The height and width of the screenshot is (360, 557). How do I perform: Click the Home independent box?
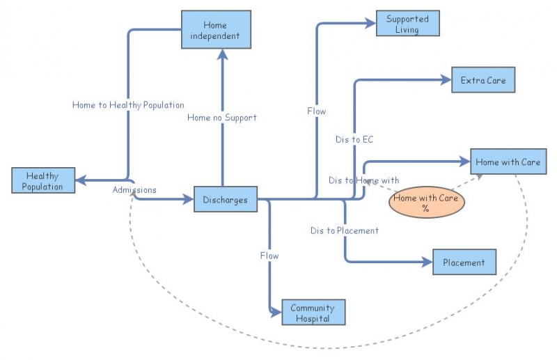(x=216, y=30)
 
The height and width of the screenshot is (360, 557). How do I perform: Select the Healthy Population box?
(x=43, y=181)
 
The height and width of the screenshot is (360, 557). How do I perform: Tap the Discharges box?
(x=225, y=200)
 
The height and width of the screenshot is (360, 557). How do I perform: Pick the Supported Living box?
(x=407, y=24)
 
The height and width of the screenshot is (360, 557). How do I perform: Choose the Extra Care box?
(x=483, y=81)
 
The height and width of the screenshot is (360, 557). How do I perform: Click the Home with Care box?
(x=508, y=162)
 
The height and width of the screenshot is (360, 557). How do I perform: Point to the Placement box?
(x=464, y=263)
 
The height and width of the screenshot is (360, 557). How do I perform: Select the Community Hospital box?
(x=313, y=313)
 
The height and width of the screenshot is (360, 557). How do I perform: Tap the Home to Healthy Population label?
(x=128, y=105)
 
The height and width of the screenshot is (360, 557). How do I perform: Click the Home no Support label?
(x=221, y=118)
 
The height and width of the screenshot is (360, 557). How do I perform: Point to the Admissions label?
(x=134, y=189)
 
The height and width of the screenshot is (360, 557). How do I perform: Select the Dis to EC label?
(x=354, y=140)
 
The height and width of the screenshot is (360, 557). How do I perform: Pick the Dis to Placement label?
(x=345, y=230)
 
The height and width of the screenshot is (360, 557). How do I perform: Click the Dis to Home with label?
(x=363, y=180)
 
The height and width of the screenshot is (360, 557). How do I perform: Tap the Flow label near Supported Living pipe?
(x=316, y=111)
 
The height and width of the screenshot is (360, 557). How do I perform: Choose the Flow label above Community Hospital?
(x=269, y=256)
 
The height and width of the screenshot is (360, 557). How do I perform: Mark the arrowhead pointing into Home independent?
(x=222, y=54)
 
